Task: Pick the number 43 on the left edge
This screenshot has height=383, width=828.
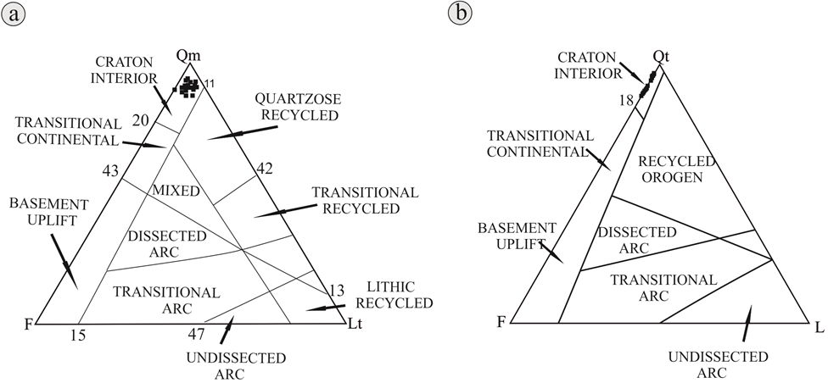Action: coord(110,170)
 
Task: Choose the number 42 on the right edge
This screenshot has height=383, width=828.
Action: coord(264,169)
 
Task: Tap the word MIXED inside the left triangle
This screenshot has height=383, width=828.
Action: coord(176,191)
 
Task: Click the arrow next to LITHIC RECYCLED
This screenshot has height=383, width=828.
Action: coord(326,307)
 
